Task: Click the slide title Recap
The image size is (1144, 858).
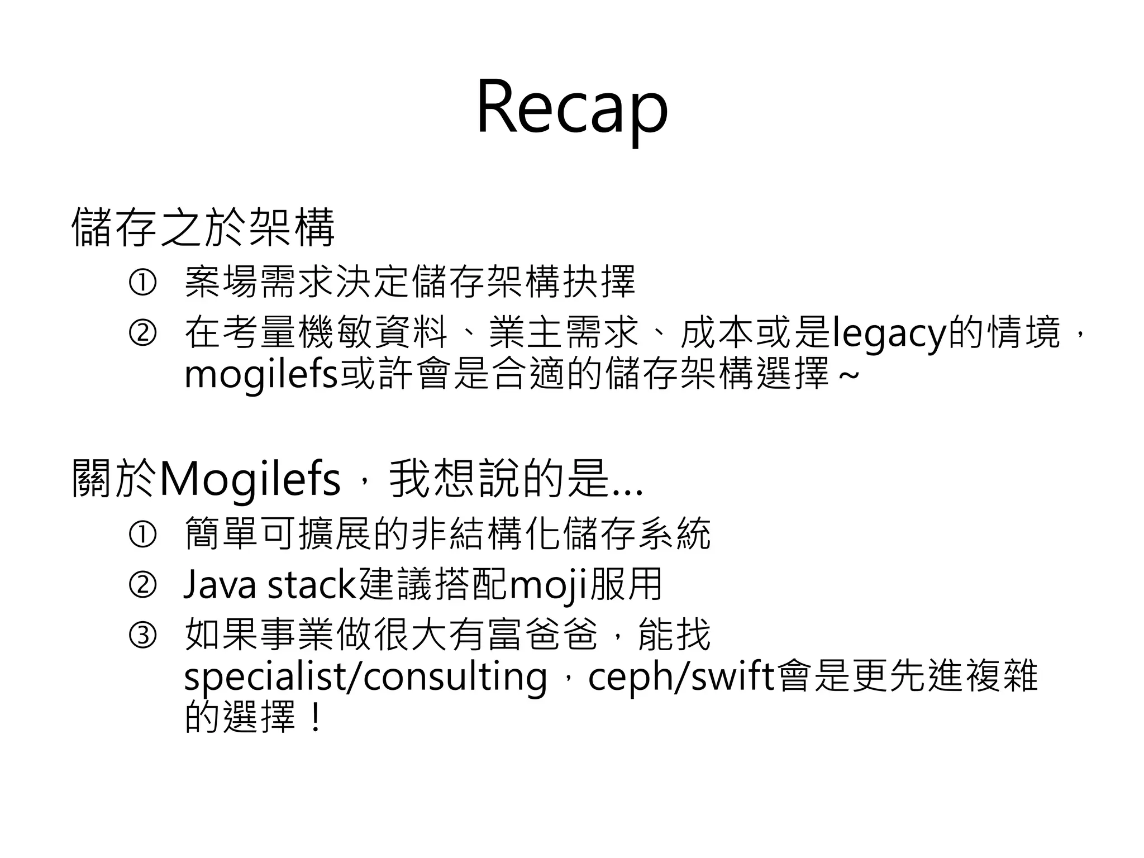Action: point(571,108)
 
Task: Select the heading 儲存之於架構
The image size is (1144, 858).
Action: point(203,227)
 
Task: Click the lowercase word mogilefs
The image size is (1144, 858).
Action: point(261,375)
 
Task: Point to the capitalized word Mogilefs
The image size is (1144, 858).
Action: point(250,479)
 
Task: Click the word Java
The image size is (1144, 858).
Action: point(221,585)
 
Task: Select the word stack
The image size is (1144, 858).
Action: point(312,585)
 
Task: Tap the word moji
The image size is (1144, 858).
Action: point(548,585)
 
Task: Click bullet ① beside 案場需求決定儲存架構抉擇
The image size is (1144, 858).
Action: point(142,283)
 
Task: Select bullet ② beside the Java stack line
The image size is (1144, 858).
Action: point(142,585)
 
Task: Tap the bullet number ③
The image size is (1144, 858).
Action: point(142,636)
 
